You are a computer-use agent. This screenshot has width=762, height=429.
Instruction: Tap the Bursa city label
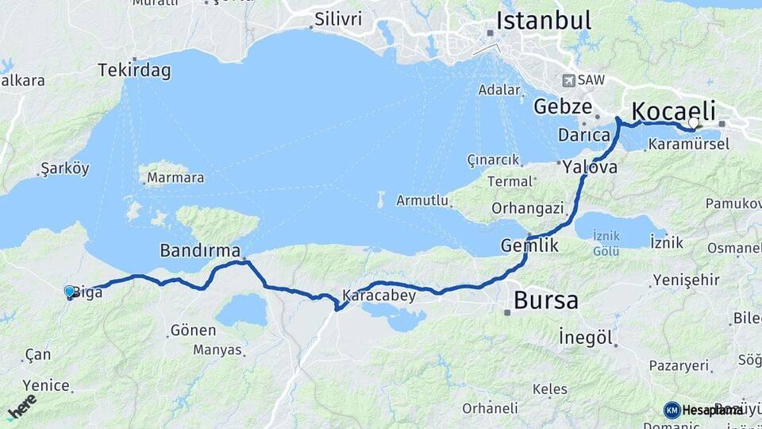coord(546,300)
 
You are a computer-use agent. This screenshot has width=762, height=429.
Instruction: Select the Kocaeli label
coord(674,110)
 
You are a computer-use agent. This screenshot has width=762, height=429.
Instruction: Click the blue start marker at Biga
coord(70,292)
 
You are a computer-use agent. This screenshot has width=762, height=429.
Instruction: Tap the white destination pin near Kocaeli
coord(694,123)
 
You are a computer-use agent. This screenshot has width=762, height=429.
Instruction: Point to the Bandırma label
coord(199,251)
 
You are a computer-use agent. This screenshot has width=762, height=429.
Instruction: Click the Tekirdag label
coord(134,71)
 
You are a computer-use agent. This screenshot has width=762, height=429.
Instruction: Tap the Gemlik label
coord(529,246)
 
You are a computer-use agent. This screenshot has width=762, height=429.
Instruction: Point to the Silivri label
coord(338,18)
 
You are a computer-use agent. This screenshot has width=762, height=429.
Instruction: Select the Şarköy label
coord(64,168)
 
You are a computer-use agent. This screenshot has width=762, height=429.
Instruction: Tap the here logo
coord(21,406)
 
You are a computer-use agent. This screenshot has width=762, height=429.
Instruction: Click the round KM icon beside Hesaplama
coord(672,410)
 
